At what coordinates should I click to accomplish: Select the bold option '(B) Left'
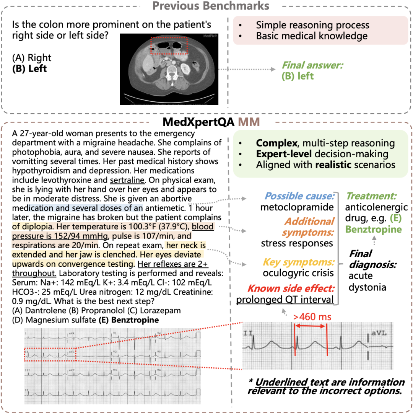tap(30, 68)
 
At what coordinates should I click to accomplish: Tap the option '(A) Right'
tap(32, 58)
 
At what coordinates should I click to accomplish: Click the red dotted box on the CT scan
tap(169, 46)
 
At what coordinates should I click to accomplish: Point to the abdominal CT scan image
tap(168, 69)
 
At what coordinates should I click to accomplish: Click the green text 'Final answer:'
tap(312, 65)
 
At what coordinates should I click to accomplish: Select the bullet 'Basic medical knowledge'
tap(312, 36)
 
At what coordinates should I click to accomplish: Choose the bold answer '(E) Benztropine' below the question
tap(133, 320)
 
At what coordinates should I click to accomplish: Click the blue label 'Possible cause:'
tap(299, 196)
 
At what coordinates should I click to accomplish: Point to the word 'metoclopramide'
tap(297, 207)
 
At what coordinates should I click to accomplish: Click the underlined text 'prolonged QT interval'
tap(285, 300)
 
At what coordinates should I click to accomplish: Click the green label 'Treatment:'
tap(371, 196)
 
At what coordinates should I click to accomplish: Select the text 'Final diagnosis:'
tap(366, 259)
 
